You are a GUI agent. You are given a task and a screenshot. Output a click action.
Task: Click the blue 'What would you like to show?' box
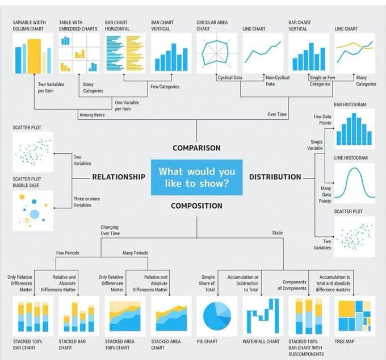click(196, 177)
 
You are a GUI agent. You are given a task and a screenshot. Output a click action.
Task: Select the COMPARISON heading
click(196, 148)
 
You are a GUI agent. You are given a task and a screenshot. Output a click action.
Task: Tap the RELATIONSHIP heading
click(119, 177)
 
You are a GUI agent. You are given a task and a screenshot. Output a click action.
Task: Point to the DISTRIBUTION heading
click(275, 177)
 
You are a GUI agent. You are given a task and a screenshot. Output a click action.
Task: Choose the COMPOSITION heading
click(196, 206)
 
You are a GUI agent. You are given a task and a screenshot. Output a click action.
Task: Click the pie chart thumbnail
click(217, 316)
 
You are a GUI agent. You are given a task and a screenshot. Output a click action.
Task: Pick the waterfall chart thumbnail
click(262, 316)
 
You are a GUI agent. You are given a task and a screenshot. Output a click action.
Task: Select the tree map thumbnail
click(355, 316)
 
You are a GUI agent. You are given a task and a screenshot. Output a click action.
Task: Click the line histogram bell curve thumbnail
click(354, 183)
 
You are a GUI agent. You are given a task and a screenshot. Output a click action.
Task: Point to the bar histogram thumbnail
click(354, 129)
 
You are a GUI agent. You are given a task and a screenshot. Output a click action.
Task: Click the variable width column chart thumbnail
click(33, 53)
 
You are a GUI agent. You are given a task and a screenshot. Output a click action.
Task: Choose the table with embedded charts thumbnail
click(78, 53)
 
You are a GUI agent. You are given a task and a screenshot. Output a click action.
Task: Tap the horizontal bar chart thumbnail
click(125, 53)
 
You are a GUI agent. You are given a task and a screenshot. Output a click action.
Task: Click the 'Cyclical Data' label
click(230, 78)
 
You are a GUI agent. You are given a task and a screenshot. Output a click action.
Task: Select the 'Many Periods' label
click(135, 253)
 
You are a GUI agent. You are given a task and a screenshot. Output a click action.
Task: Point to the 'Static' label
click(278, 233)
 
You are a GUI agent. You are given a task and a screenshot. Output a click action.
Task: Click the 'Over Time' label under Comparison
click(277, 115)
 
